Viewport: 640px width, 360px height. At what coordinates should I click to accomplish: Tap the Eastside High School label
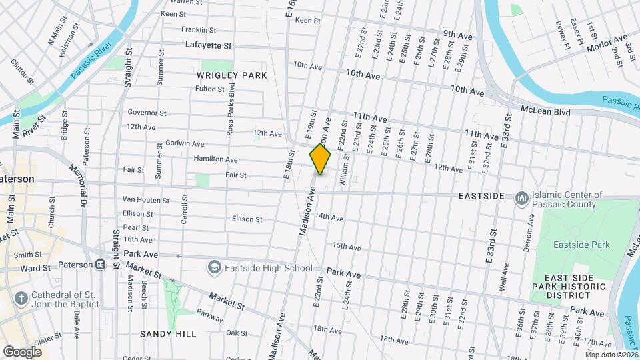(x=269, y=268)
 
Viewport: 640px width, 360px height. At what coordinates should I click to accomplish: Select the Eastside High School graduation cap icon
(x=215, y=268)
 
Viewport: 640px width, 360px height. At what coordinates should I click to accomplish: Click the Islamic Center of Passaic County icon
(x=522, y=198)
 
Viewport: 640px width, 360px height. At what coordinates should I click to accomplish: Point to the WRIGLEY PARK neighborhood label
(x=231, y=75)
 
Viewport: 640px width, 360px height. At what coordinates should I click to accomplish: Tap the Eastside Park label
(x=581, y=245)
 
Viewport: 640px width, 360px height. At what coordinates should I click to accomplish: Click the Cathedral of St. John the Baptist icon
(x=21, y=297)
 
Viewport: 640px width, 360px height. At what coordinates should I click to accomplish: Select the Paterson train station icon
(x=100, y=265)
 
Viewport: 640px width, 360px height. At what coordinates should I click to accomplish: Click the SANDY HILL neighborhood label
(x=167, y=333)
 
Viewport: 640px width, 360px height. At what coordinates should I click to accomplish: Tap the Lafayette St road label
(x=207, y=46)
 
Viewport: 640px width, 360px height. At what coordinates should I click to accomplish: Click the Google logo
(x=22, y=351)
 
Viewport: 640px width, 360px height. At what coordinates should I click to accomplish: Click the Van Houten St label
(x=147, y=200)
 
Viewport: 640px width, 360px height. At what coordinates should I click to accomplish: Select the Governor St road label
(x=147, y=113)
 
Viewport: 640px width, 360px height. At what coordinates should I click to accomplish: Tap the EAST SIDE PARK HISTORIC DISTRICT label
(x=575, y=287)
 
